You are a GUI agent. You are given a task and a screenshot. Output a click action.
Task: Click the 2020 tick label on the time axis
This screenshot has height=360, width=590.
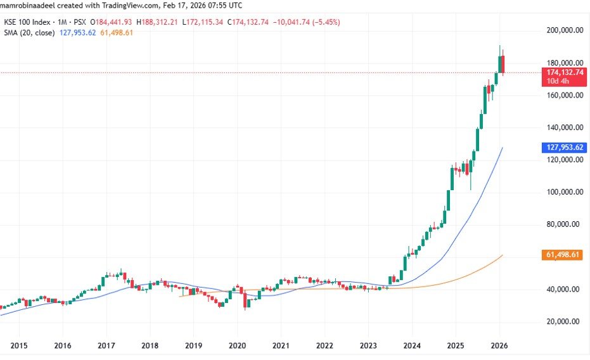(237, 345)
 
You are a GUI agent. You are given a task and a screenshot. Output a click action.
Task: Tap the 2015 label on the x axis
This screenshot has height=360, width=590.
(18, 345)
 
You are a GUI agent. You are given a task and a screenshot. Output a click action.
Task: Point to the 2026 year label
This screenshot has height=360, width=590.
(499, 345)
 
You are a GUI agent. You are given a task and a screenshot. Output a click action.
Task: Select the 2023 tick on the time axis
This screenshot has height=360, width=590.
(368, 345)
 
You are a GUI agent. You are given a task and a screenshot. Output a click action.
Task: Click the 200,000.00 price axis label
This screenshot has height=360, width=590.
(564, 30)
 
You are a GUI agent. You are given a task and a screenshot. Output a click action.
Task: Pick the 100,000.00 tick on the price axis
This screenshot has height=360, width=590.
(564, 192)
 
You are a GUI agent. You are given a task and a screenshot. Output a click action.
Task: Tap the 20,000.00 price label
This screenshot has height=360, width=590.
(564, 321)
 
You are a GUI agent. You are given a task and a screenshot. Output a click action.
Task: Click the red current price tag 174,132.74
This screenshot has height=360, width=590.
(565, 73)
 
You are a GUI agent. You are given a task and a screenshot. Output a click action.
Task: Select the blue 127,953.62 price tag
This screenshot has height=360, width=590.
(565, 148)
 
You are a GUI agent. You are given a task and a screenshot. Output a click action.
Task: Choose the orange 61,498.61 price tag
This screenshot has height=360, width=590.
(565, 255)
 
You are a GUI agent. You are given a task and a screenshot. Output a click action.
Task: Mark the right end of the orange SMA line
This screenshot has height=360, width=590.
(503, 255)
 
